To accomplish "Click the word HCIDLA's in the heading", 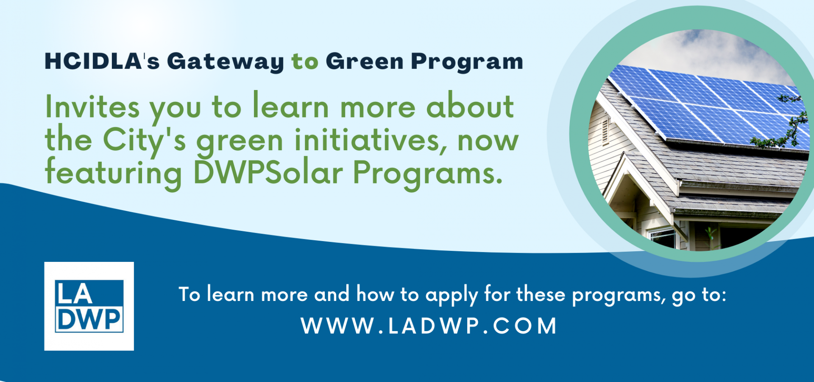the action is tap(102, 61).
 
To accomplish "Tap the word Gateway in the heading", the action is tap(226, 62).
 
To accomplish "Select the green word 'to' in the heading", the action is tap(305, 62).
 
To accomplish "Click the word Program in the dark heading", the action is tap(467, 62).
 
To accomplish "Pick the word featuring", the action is tap(114, 174).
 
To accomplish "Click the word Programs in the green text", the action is tap(428, 174).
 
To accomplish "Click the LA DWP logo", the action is tap(89, 306).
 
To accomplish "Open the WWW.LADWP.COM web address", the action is tap(429, 326).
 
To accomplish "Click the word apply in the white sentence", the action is tap(452, 295).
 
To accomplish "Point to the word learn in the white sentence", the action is tap(231, 294).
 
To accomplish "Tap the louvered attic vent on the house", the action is tap(605, 131).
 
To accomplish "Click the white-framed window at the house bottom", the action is tap(662, 238).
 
